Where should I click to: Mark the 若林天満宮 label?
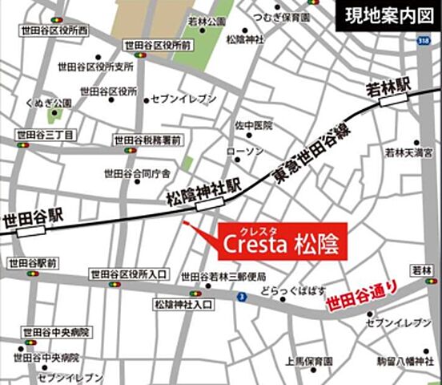[x=408, y=151]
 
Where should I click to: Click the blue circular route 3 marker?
[x=240, y=298]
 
